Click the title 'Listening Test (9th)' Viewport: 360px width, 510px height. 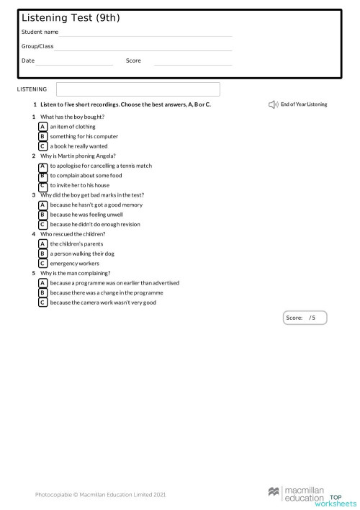point(60,18)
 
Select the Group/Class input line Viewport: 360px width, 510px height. point(143,47)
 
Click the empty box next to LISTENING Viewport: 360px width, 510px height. point(138,89)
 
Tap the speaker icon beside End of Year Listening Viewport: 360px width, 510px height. point(273,104)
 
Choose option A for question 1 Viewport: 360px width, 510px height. point(43,127)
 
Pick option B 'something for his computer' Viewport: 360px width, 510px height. point(43,136)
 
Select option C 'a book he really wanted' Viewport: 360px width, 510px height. point(43,146)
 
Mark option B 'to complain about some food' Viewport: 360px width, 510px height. point(43,175)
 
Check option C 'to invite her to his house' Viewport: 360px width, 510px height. point(43,185)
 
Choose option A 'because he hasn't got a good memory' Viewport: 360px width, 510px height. point(43,205)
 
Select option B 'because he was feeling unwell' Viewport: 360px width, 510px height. point(43,215)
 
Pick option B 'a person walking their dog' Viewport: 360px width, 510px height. point(43,254)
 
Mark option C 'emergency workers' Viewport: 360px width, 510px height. point(43,264)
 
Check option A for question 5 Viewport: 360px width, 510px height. point(43,283)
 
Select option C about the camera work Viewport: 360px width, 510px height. point(43,303)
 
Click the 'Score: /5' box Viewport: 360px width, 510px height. point(305,318)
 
